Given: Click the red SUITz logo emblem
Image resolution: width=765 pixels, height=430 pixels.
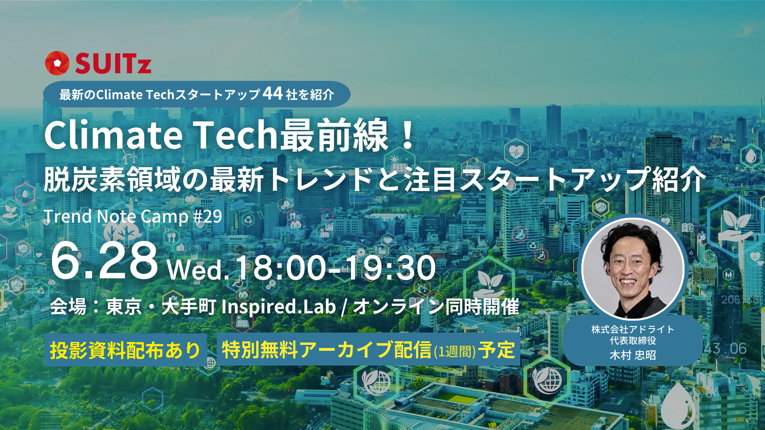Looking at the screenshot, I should tap(57, 63).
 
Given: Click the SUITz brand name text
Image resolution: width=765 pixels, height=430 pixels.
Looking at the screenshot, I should tap(113, 64).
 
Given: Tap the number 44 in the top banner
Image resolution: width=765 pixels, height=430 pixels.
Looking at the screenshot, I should tap(273, 94).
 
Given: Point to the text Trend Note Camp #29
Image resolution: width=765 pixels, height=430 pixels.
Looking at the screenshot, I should tap(133, 217).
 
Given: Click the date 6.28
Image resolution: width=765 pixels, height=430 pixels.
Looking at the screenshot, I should tap(104, 261).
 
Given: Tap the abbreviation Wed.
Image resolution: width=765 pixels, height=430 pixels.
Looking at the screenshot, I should tap(198, 270).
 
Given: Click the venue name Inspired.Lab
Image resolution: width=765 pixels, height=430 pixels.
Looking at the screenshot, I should tap(279, 307).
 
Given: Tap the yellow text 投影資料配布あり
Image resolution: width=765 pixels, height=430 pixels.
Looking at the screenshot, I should tap(125, 350).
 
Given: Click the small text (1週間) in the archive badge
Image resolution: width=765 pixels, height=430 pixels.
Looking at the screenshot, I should tap(455, 352).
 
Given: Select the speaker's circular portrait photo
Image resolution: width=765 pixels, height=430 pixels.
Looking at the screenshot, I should tap(632, 268).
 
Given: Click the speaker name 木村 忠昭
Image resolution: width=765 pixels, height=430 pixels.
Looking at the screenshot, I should tap(633, 355).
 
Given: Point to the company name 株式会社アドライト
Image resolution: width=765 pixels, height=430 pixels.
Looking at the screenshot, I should tap(633, 329).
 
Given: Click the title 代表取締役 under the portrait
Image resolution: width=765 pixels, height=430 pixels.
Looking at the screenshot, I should tap(633, 341).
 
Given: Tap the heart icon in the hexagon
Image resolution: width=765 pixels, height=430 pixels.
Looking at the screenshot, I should tap(516, 152).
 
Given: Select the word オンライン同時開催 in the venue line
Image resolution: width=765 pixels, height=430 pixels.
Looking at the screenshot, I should tap(436, 307).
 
